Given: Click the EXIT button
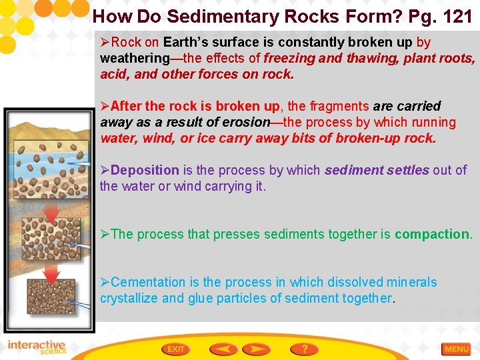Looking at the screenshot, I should pos(177,349).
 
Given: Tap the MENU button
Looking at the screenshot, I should pos(457,349).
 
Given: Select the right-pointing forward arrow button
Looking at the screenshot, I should pos(255,349).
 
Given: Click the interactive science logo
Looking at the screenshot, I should pos(37,347).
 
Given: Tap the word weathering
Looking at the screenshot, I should pos(135,58).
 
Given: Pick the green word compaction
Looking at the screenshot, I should pos(432,234).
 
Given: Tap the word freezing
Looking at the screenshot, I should pos(291,58).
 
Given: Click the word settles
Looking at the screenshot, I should pos(408,170).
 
